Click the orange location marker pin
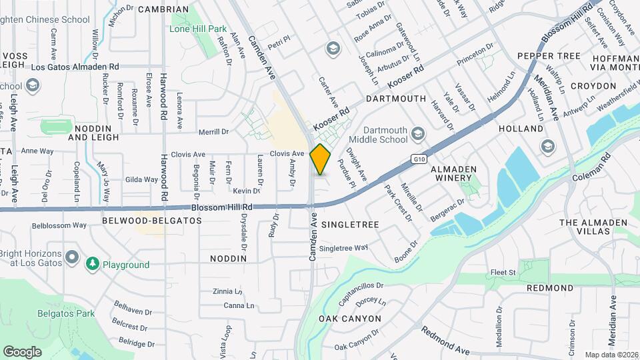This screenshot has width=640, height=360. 321,159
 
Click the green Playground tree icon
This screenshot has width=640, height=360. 93,265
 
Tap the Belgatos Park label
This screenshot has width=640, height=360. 66,313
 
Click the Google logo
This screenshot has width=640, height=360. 22,351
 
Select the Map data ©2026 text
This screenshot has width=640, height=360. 611,355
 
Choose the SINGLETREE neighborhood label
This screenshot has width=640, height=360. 350,225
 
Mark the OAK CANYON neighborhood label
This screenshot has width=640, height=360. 349,319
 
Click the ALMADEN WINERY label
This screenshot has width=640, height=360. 453,175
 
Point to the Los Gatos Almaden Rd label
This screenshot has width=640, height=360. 75,67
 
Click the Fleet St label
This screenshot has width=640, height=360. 503,272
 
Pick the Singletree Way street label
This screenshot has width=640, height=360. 344,248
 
